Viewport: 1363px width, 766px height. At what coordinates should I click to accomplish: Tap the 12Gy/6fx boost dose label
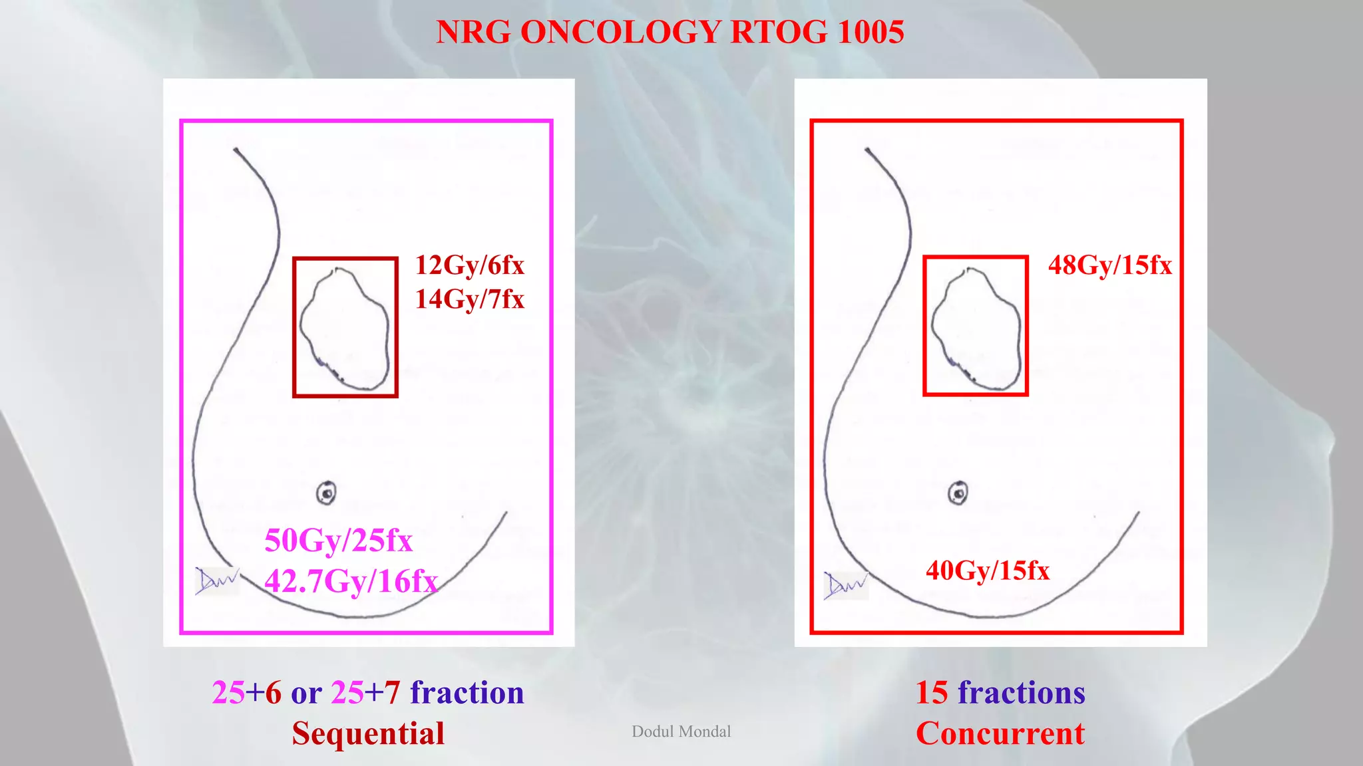(x=469, y=265)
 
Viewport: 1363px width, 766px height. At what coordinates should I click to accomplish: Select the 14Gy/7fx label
(x=469, y=299)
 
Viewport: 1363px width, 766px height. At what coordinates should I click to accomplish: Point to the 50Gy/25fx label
(x=338, y=541)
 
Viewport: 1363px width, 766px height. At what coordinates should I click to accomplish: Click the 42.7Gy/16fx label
(x=351, y=581)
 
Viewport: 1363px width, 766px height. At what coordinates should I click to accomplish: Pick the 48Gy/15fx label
(x=1109, y=265)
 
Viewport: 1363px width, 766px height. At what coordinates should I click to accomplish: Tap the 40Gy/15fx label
(x=987, y=571)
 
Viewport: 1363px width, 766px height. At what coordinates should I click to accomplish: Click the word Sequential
(x=368, y=733)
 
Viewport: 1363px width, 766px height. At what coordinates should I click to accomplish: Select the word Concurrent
(x=1000, y=733)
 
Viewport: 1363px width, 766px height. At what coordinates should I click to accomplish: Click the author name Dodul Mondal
(x=681, y=731)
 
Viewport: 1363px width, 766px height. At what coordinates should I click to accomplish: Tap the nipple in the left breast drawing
(x=326, y=493)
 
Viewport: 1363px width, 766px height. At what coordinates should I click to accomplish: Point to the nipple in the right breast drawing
(x=958, y=493)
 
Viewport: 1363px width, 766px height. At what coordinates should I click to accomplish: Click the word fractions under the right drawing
(x=1021, y=693)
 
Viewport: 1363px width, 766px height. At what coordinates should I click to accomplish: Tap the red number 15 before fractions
(x=931, y=693)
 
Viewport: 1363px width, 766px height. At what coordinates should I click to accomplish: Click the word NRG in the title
(x=473, y=32)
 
